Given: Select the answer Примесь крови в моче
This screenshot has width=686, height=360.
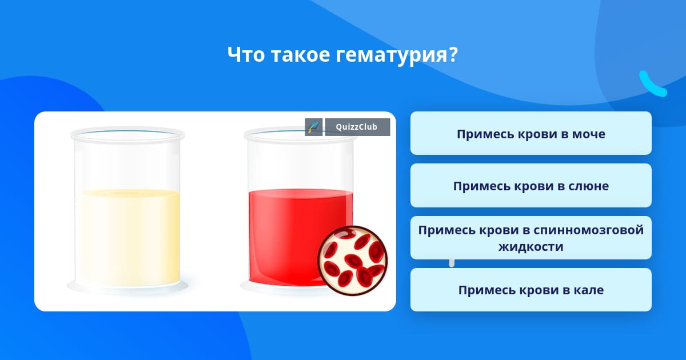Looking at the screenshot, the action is (531, 133).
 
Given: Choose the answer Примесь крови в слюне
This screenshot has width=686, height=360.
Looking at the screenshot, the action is (531, 186).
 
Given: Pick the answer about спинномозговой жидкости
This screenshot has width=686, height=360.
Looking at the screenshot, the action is (531, 238).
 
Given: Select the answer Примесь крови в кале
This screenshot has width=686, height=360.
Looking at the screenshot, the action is (531, 290).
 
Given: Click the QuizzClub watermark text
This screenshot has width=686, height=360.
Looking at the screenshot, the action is (357, 127).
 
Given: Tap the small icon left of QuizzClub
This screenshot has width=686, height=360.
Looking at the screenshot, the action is (314, 127).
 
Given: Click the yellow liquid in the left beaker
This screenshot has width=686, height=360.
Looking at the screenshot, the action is (131, 237).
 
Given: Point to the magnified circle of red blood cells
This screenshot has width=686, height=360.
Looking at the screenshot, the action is (353, 261).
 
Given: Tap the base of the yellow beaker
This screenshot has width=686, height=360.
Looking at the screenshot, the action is (127, 287).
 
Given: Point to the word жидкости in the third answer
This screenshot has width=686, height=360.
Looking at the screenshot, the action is (531, 247).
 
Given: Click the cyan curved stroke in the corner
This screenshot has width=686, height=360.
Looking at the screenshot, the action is (653, 84).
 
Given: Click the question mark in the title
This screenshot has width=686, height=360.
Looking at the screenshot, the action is (452, 54).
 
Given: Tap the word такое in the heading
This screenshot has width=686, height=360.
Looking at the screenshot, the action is (301, 55).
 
